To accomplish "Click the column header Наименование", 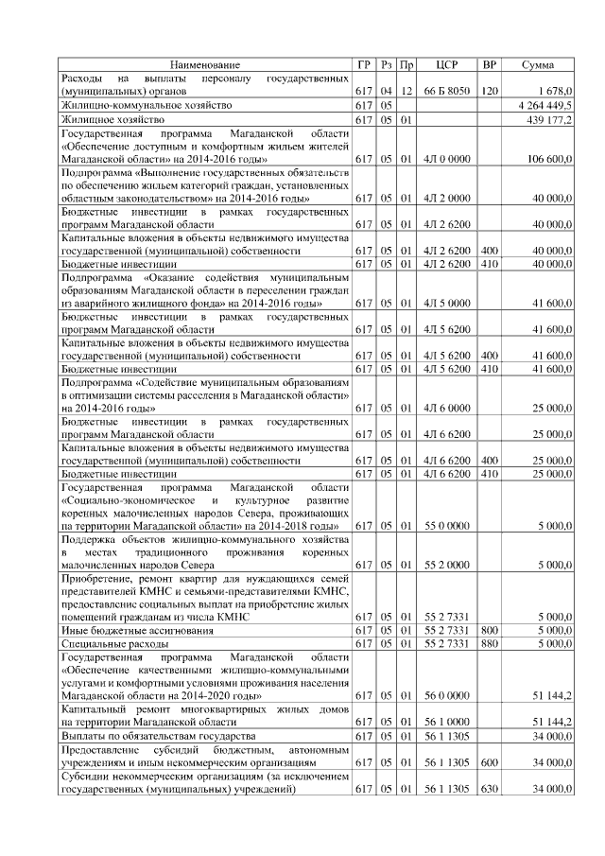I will (205, 64).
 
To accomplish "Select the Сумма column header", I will (538, 64).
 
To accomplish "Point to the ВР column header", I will (490, 64).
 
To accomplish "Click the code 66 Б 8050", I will (448, 90).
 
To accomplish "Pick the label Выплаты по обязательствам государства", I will (157, 735).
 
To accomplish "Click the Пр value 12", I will (406, 90).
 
